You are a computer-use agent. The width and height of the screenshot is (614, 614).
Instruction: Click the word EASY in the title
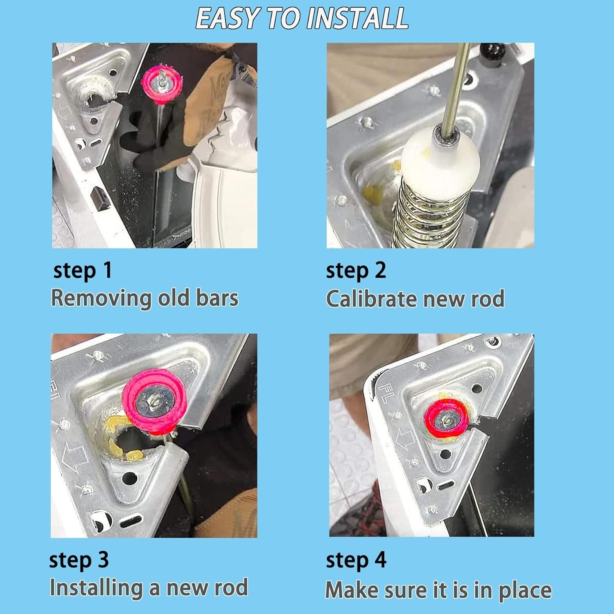[228, 18]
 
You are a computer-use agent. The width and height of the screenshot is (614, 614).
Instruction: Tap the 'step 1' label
[83, 271]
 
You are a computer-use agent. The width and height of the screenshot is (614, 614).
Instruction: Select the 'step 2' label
[356, 271]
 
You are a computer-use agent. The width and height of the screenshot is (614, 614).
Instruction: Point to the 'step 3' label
[79, 560]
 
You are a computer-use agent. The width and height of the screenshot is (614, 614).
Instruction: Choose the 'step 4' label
[356, 560]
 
